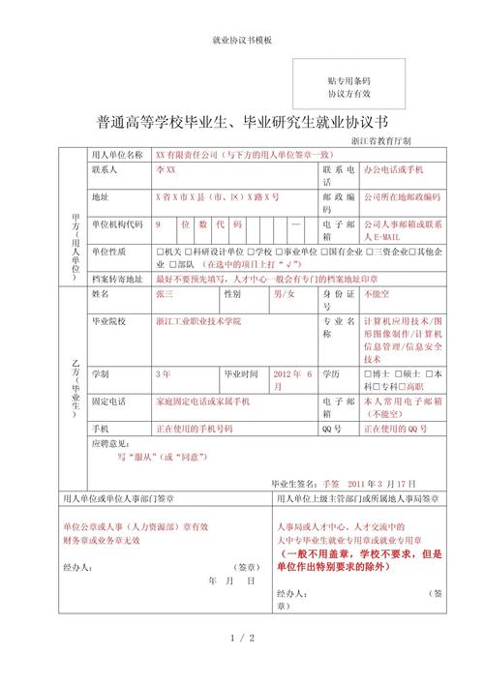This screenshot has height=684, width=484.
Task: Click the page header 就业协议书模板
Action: pyautogui.click(x=242, y=40)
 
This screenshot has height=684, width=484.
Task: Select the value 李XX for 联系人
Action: pyautogui.click(x=166, y=169)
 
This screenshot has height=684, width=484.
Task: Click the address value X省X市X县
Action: pyautogui.click(x=217, y=196)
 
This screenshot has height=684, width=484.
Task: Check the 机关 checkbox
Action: pyautogui.click(x=159, y=252)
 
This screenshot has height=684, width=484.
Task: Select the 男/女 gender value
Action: pyautogui.click(x=284, y=291)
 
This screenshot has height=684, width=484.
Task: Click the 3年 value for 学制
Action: pyautogui.click(x=162, y=372)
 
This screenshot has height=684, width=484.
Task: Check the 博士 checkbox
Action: pyautogui.click(x=367, y=372)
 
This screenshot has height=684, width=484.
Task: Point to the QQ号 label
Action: pyautogui.click(x=331, y=428)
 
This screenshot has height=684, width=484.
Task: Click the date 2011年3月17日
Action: pyautogui.click(x=380, y=482)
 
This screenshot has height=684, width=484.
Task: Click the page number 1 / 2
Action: pyautogui.click(x=242, y=639)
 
